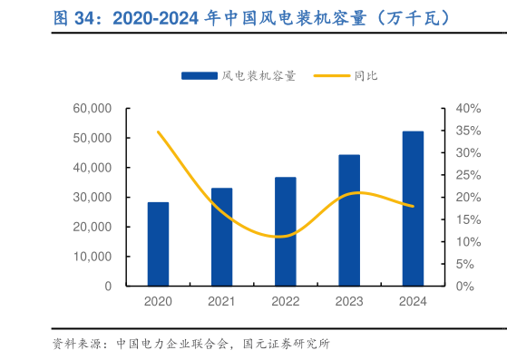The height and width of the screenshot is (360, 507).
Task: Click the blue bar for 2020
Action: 158,244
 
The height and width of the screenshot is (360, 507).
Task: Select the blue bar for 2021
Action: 221,237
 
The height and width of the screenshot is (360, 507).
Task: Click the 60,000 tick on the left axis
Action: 91,109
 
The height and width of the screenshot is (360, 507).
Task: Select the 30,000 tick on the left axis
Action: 91,198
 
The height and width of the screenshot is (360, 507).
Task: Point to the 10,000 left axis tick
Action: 91,257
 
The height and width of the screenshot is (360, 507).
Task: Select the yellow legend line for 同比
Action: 332,76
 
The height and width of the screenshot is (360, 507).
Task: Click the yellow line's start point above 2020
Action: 158,131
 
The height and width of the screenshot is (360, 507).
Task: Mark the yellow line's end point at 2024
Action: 413,206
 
